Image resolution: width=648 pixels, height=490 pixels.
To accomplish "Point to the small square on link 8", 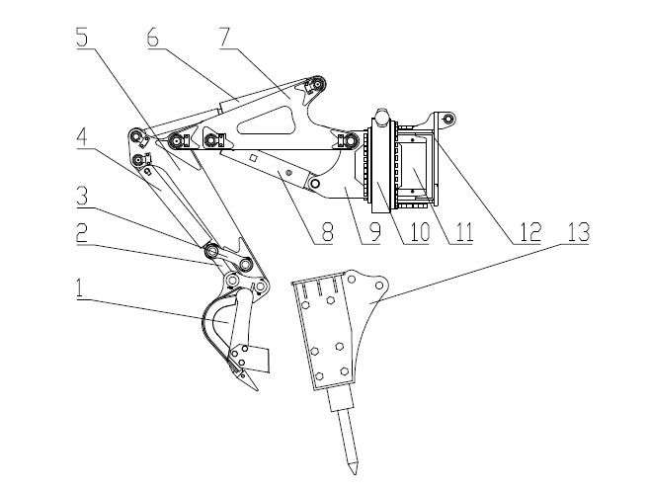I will point(255,157).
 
